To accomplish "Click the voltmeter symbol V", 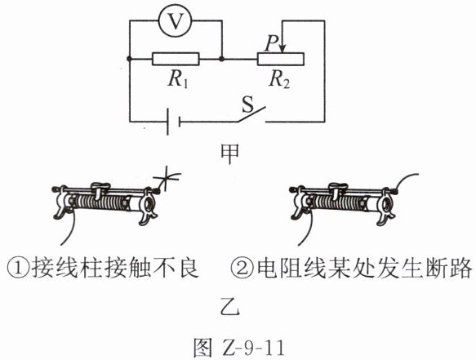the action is pos(176,20).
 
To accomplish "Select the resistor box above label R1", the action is pos(176,59).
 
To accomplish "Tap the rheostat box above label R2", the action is pos(281,59).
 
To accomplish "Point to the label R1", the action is pos(178,80).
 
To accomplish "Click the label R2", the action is pos(279,80).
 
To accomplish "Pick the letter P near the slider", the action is pos(271,43).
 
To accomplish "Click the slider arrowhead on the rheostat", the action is pos(282,49).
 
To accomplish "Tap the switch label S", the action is pos(247,104).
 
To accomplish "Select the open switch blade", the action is pos(251,114).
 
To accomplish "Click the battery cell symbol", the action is pos(173,122).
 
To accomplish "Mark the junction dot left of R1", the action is pos(130,59).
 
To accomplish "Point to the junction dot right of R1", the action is pos(222,59).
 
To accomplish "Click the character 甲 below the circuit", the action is pos(229,153).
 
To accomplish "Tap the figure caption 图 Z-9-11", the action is pos(238,348).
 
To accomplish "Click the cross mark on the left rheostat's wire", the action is pos(167,178).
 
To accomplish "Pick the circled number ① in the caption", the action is pos(18,269).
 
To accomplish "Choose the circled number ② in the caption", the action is pos(242,269).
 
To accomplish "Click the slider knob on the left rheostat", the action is pos(98,189).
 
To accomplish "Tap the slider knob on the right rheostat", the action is pos(336,189).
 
